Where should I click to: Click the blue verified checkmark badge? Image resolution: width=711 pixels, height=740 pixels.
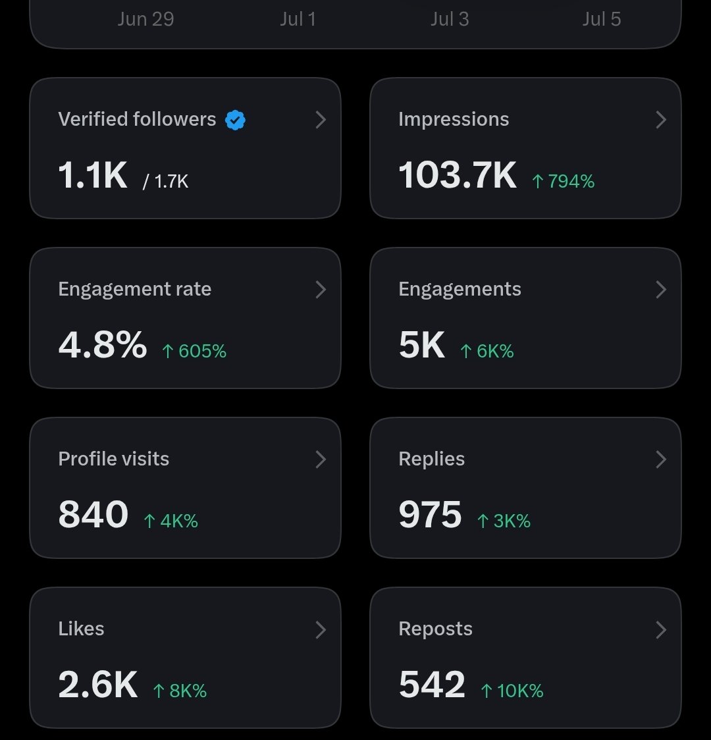[x=235, y=120]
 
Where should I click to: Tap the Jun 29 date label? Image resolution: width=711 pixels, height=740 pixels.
[x=145, y=19]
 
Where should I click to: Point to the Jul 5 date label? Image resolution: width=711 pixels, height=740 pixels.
[x=602, y=19]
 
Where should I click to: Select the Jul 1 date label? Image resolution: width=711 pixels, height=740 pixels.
[x=298, y=19]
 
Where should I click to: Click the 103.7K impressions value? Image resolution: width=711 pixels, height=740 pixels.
[x=457, y=175]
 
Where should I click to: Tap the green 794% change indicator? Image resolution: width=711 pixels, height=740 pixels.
[x=563, y=181]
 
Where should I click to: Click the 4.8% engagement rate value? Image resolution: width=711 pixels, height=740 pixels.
[x=103, y=344]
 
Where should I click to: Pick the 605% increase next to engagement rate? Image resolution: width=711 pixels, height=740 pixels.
[x=194, y=351]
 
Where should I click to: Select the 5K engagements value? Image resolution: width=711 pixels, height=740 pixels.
[x=421, y=344]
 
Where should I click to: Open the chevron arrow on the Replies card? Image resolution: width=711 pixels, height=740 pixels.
[x=661, y=459]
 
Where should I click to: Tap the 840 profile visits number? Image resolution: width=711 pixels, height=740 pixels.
[x=93, y=514]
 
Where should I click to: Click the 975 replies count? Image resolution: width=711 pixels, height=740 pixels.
[x=430, y=514]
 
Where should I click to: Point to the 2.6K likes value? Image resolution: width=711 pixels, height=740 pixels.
[x=97, y=684]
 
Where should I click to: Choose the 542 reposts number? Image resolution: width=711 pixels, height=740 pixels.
[x=432, y=684]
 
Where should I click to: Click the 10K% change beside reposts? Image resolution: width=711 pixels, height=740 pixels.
[x=512, y=691]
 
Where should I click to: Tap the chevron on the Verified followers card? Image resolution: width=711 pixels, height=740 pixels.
[x=321, y=120]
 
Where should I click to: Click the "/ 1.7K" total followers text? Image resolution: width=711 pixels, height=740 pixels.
[x=166, y=181]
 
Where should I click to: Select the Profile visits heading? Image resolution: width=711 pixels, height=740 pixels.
[x=114, y=459]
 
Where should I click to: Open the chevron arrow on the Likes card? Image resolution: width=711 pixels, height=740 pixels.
[x=321, y=629]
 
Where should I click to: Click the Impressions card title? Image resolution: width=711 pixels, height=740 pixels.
[x=454, y=119]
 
